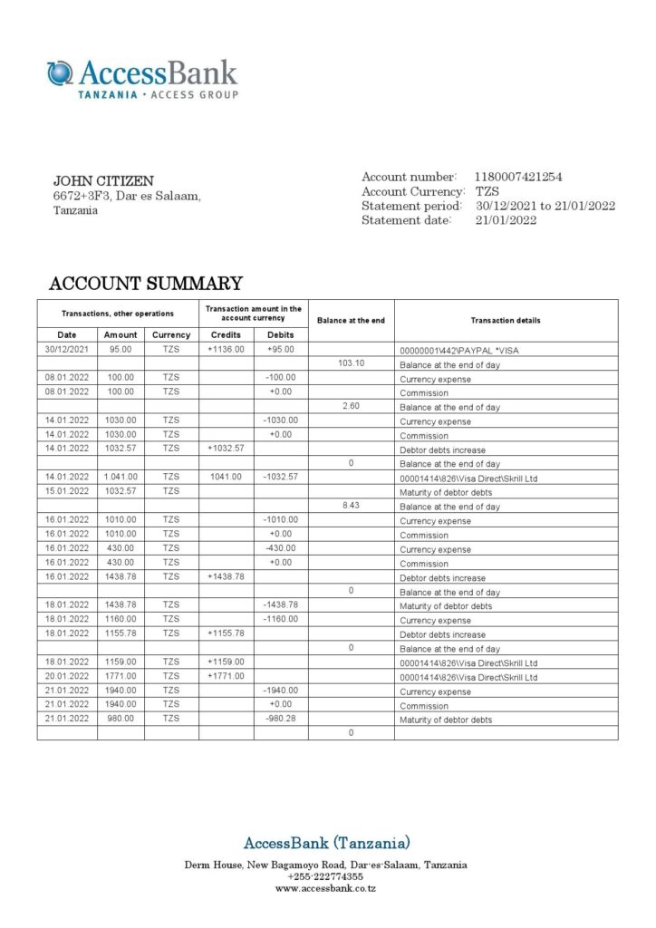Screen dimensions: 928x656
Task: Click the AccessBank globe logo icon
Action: click(60, 73)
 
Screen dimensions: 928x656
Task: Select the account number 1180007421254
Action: click(517, 178)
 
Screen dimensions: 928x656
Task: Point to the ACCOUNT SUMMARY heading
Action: click(146, 284)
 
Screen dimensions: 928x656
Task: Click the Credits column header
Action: click(226, 334)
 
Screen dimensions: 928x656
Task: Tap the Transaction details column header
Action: click(506, 321)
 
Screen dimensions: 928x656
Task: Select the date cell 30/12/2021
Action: click(66, 349)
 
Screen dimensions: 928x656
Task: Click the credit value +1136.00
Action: click(226, 349)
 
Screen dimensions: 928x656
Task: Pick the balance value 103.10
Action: click(351, 363)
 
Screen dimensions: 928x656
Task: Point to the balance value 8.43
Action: click(351, 506)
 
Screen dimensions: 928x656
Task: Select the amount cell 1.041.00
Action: click(121, 477)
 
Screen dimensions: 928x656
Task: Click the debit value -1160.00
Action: click(281, 620)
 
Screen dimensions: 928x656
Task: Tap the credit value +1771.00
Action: click(226, 677)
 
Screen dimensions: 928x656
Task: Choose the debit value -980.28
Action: click(281, 720)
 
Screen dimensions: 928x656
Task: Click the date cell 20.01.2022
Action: click(66, 677)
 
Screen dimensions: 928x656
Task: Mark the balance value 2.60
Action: click(351, 406)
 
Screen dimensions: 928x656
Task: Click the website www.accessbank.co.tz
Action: click(326, 889)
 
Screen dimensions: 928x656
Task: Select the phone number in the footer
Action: click(326, 877)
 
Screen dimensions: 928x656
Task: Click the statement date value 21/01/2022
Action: click(506, 220)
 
